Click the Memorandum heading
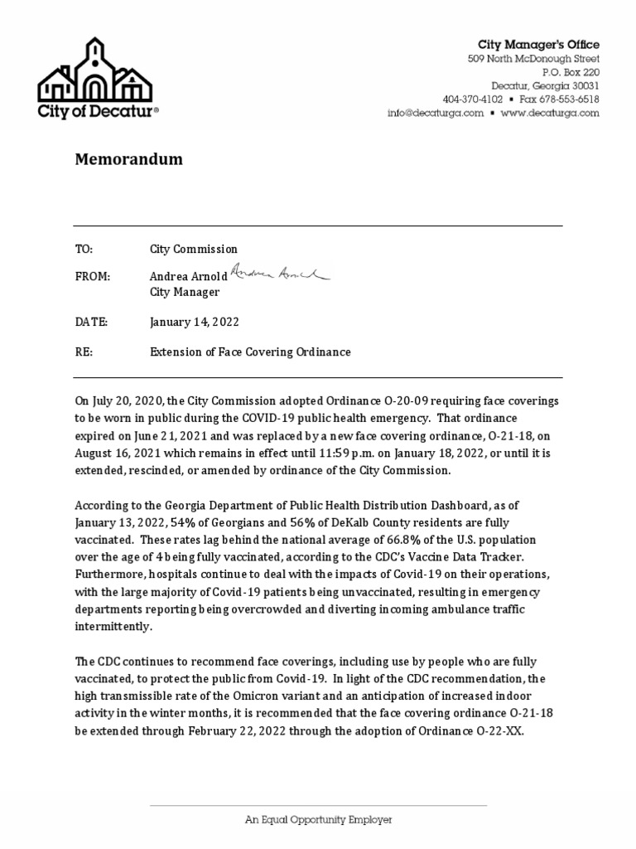click(x=128, y=159)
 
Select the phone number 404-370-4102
click(x=472, y=99)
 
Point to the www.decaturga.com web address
click(x=549, y=114)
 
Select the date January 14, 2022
click(x=195, y=322)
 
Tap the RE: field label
click(x=84, y=352)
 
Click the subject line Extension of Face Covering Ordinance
click(x=250, y=352)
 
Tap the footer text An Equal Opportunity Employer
click(x=318, y=819)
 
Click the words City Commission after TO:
click(x=193, y=249)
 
